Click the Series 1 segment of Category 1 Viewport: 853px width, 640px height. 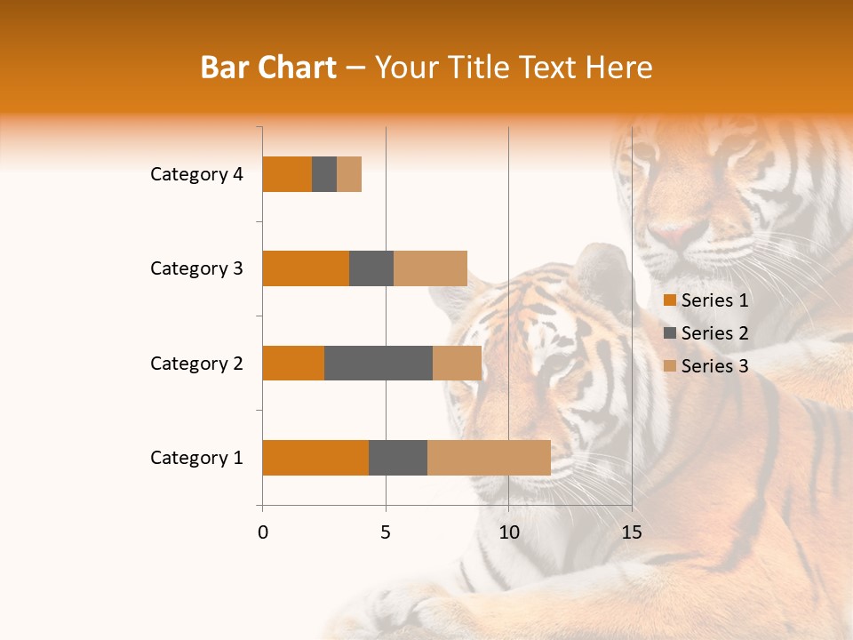[x=315, y=458]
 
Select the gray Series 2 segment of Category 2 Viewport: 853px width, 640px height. [x=379, y=363]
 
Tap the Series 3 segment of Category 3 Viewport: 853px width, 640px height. [x=430, y=268]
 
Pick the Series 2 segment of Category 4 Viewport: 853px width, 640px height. [x=324, y=174]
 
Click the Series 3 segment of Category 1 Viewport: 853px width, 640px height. [x=489, y=458]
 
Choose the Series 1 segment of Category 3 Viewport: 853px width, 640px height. [x=306, y=268]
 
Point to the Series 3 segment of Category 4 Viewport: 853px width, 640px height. [x=349, y=174]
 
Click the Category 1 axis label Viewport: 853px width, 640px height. [x=196, y=458]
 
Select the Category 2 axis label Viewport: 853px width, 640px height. [x=196, y=363]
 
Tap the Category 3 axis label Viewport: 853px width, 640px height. [x=196, y=268]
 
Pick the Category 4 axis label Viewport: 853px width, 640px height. [x=196, y=174]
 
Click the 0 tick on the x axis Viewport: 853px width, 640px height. [x=263, y=532]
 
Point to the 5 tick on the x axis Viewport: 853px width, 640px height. [x=386, y=532]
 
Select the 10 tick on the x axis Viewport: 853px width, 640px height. [x=508, y=532]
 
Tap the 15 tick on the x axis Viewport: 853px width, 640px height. [x=632, y=532]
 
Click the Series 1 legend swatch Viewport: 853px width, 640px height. [x=669, y=300]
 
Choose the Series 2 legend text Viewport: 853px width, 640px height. [x=714, y=333]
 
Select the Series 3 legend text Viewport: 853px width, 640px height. [x=714, y=366]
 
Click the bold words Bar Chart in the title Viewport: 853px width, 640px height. [x=268, y=68]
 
